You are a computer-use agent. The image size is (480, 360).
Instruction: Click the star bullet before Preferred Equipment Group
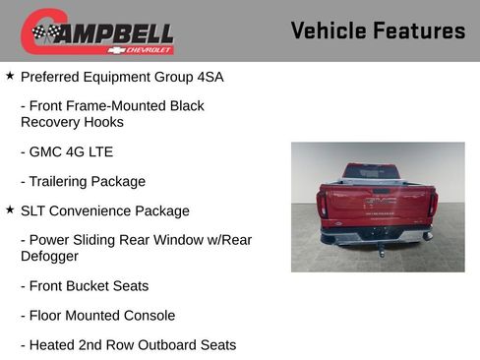[x=10, y=75]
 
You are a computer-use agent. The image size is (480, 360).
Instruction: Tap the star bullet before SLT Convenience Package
[x=10, y=210]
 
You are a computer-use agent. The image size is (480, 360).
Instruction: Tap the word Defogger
[x=49, y=256]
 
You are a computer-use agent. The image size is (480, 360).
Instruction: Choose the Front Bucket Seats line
[x=89, y=285]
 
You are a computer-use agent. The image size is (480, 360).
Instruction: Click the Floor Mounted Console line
[x=102, y=316]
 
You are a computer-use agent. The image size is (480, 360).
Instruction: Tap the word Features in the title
[x=419, y=30]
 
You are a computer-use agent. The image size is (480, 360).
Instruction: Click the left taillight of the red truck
[x=323, y=205]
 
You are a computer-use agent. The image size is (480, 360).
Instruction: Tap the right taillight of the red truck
[x=432, y=204]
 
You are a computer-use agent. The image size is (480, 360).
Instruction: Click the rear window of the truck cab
[x=371, y=171]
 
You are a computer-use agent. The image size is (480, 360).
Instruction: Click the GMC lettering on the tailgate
[x=380, y=201]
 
